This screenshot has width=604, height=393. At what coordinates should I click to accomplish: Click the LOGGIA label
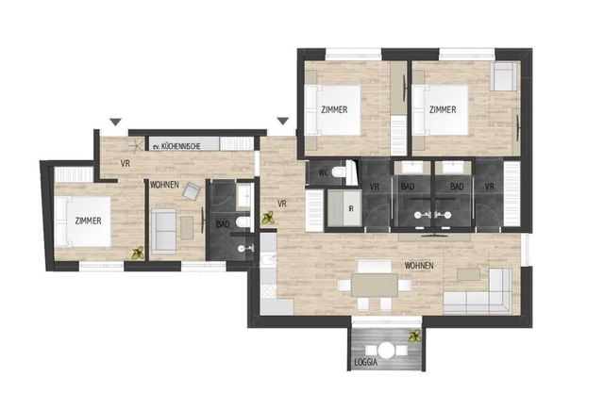[365, 362]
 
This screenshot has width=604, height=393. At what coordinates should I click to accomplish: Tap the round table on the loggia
[386, 351]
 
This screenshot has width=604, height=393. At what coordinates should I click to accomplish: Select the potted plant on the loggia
[415, 336]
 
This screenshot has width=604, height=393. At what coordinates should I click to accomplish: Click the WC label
[324, 172]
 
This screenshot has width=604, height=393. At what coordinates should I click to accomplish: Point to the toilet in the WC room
[340, 172]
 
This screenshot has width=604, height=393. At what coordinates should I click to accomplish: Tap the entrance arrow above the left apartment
[115, 122]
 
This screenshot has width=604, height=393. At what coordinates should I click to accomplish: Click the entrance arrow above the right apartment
[283, 122]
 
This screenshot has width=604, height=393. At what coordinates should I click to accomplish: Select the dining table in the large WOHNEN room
[375, 285]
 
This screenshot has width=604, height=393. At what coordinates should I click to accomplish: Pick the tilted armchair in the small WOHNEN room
[192, 190]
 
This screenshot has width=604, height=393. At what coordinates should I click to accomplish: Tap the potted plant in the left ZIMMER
[138, 254]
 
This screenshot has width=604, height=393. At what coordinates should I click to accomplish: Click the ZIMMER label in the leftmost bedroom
[88, 221]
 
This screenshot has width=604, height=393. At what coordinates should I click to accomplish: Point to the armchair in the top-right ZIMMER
[503, 77]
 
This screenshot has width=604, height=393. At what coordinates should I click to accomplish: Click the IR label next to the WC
[350, 209]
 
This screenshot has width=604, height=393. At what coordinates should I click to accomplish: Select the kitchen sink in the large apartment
[268, 260]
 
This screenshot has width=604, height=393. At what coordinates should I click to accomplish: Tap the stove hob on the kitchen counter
[268, 291]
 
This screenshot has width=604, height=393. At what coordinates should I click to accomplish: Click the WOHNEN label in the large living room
[419, 266]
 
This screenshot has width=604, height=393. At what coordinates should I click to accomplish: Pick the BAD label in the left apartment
[223, 224]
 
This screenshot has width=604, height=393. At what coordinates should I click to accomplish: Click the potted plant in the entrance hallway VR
[268, 218]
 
